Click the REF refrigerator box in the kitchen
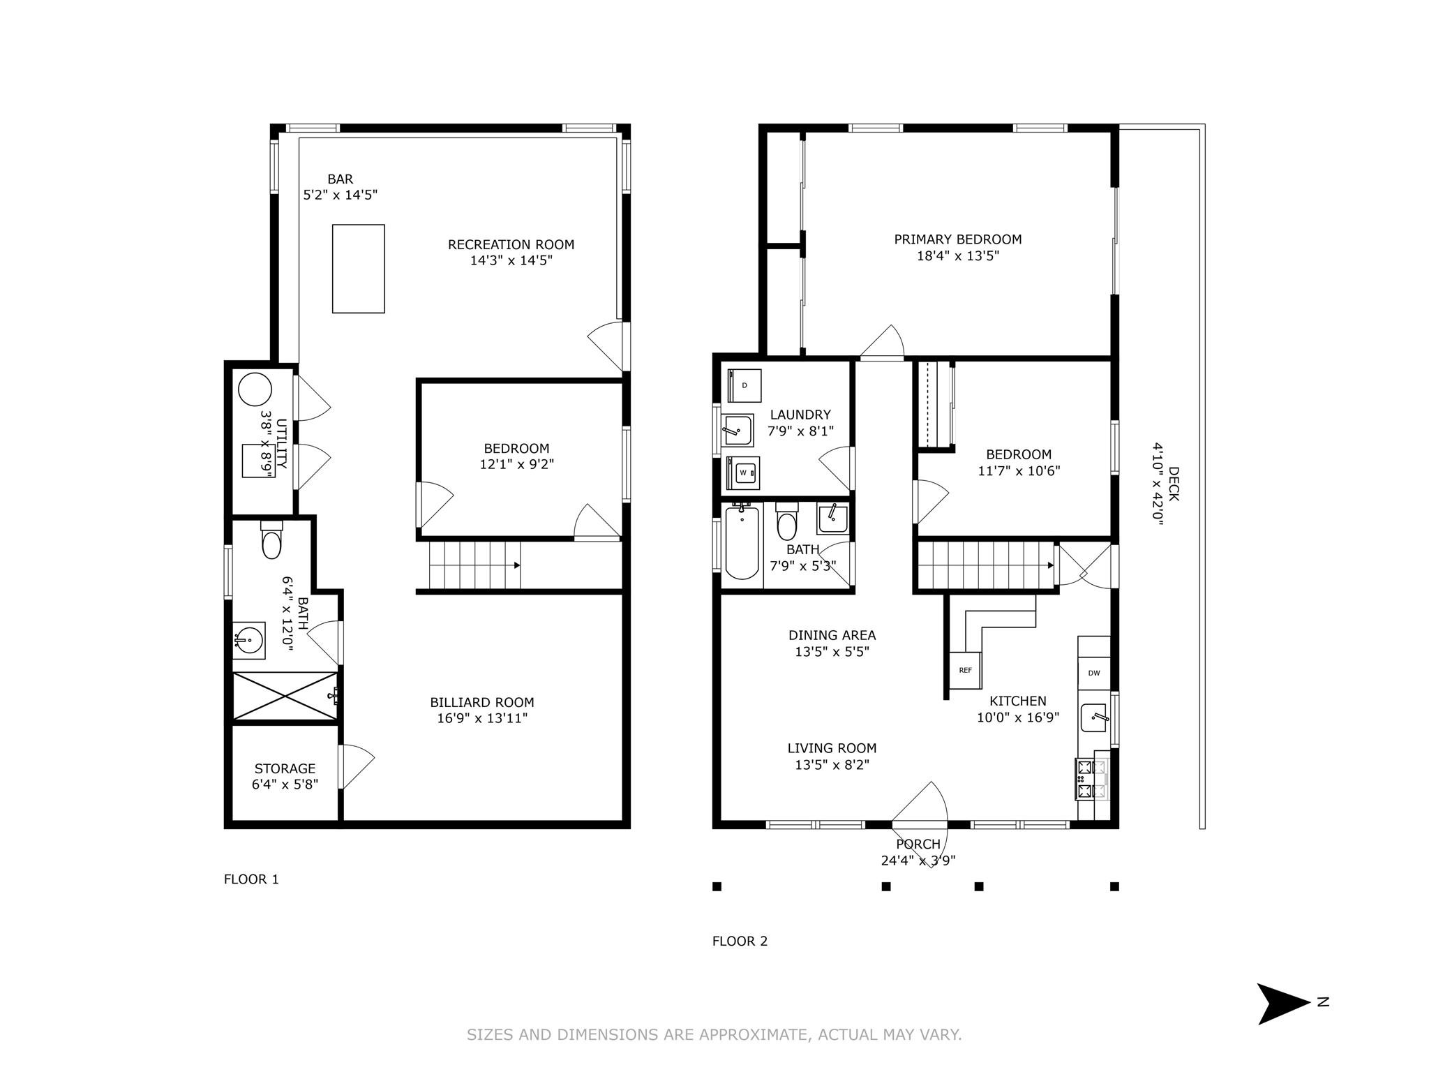click(965, 670)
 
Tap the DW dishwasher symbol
click(1093, 673)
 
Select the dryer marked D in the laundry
click(745, 385)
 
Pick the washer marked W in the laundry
click(743, 472)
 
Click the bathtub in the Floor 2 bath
click(742, 543)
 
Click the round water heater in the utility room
click(255, 389)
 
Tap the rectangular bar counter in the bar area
click(359, 269)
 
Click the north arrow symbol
click(1285, 1004)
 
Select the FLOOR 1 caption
click(251, 879)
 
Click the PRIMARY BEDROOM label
click(958, 239)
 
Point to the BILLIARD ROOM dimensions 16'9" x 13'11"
click(482, 718)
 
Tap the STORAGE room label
click(285, 768)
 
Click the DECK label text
click(1173, 484)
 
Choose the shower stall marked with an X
click(285, 696)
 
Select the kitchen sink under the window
click(1093, 717)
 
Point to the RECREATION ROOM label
click(511, 245)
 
